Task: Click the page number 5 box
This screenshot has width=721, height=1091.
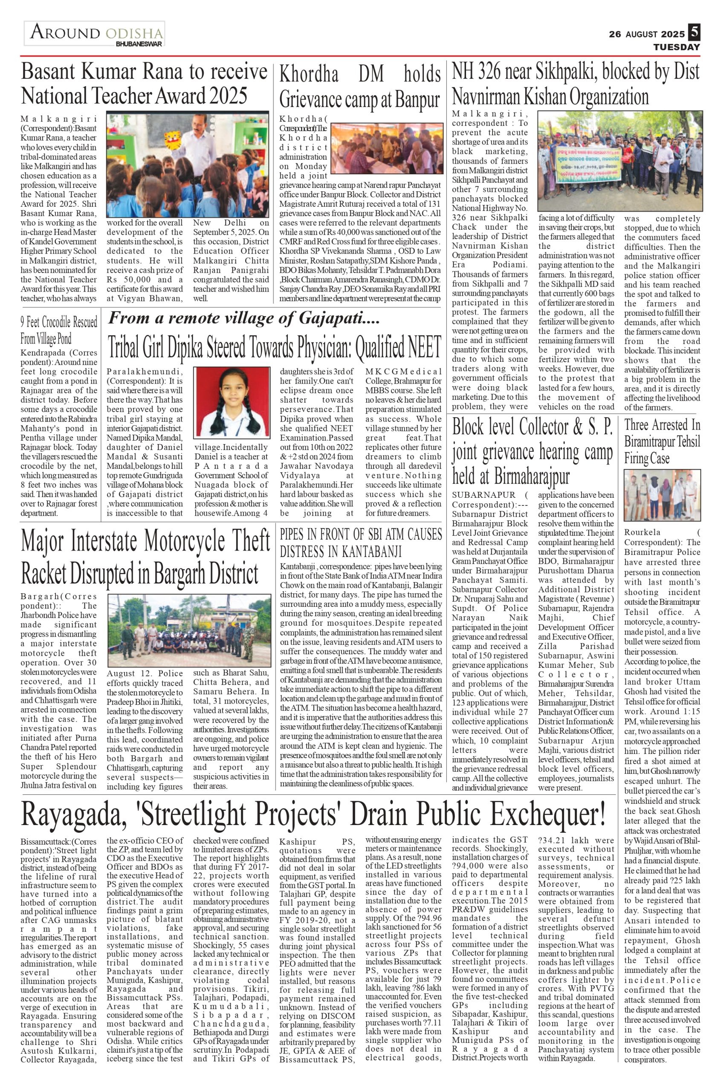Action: [694, 33]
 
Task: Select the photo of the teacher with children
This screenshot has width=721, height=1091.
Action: [188, 164]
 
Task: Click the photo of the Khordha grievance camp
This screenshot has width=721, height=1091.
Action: [385, 148]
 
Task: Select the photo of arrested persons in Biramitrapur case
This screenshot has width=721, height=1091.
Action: [662, 494]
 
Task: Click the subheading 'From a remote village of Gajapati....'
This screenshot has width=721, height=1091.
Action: [244, 317]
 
